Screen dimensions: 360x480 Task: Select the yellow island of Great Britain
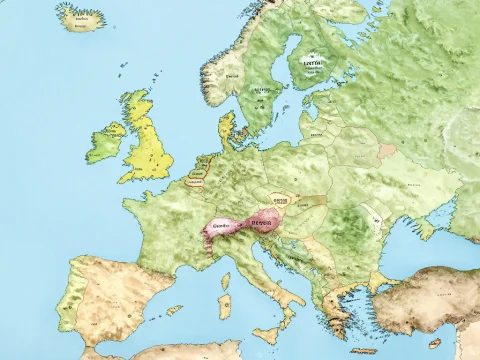point(144,140)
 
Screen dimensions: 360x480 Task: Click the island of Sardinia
point(225,304)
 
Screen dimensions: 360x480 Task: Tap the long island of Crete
point(364,350)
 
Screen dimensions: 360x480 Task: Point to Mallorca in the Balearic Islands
point(173,311)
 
